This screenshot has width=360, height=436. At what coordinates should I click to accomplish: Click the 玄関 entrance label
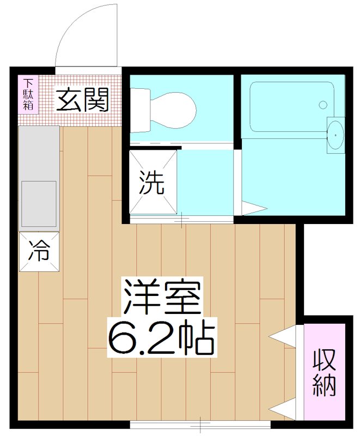click(x=83, y=100)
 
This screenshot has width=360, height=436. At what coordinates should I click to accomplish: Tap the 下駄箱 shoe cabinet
click(x=28, y=95)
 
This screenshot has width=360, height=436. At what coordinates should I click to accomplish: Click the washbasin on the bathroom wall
click(x=335, y=131)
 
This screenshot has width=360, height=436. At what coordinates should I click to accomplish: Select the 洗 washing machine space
click(x=153, y=183)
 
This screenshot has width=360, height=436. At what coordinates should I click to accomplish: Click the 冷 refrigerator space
click(x=39, y=251)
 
